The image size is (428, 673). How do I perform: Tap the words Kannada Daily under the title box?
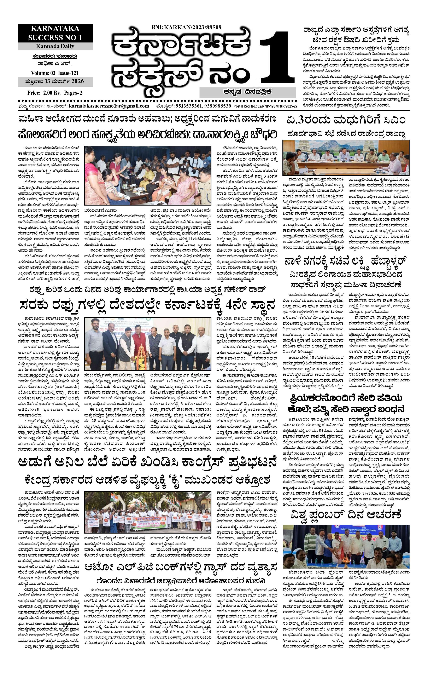(x=55, y=46)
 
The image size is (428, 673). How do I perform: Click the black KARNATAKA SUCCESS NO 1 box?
(x=55, y=33)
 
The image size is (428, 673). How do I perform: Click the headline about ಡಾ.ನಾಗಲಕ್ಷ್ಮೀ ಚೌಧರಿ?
(x=147, y=134)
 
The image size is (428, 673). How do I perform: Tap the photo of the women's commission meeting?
(x=147, y=176)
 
